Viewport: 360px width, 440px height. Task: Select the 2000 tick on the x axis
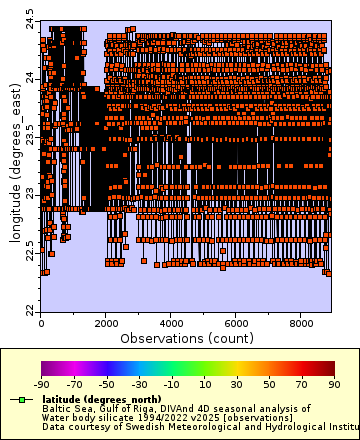pos(105,324)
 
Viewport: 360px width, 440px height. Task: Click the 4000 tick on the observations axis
pos(170,324)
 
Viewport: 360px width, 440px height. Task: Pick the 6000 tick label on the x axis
pos(235,324)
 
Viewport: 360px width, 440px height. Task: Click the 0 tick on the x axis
pos(41,324)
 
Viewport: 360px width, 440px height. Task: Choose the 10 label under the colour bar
pos(203,383)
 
